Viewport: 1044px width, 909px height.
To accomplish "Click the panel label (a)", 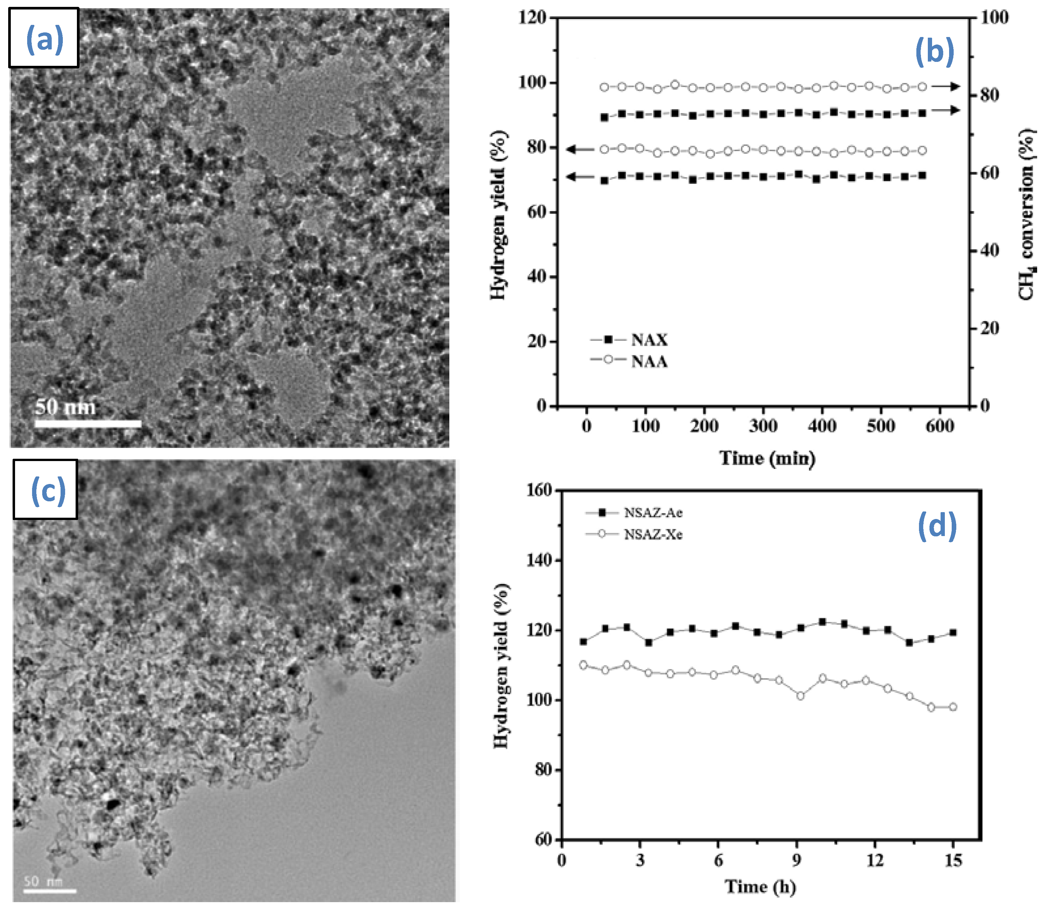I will (x=45, y=39).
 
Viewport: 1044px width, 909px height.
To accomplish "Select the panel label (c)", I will (x=48, y=490).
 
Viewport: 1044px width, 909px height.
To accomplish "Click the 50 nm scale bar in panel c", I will (x=50, y=890).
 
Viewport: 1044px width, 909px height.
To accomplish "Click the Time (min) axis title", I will (x=767, y=458).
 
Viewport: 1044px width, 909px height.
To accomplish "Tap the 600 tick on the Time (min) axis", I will (x=940, y=426).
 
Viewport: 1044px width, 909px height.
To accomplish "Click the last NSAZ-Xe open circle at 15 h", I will (x=953, y=707).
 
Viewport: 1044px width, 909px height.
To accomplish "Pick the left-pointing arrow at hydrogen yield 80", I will (x=580, y=149).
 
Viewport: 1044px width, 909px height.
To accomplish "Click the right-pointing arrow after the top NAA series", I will (x=945, y=87).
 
